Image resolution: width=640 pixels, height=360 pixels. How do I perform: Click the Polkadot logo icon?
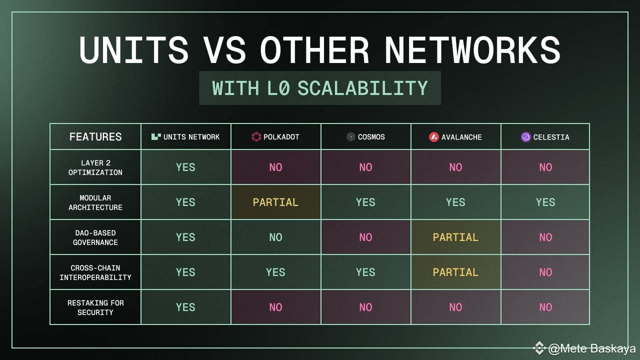(256, 137)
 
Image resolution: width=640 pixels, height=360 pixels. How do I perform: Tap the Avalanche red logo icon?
(433, 137)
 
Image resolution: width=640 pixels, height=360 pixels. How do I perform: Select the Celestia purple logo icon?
(525, 137)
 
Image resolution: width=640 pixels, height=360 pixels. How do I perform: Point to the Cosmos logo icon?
(350, 137)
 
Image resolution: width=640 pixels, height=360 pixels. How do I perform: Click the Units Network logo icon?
(156, 137)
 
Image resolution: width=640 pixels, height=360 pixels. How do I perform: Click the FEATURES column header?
(95, 137)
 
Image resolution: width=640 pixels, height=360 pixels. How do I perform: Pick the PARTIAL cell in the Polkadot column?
(275, 202)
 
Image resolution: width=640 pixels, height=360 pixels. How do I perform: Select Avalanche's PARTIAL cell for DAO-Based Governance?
(455, 237)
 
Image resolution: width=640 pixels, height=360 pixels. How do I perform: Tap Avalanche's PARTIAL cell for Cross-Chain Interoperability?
(455, 272)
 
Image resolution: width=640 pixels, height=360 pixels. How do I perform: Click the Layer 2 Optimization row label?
(95, 167)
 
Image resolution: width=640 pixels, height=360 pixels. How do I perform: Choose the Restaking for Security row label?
(95, 307)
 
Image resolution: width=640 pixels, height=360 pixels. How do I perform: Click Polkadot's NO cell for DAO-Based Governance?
(275, 237)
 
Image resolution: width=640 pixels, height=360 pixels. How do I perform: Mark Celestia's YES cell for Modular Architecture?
(545, 202)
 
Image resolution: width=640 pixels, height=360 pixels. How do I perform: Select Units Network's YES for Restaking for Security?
(185, 307)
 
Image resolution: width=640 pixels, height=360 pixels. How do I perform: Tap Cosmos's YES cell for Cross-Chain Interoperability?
(365, 272)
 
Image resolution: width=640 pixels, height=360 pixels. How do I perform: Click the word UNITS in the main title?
(133, 50)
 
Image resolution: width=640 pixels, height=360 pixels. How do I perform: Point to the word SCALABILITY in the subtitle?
(362, 88)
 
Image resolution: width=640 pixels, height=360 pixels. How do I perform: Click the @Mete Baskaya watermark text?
(591, 348)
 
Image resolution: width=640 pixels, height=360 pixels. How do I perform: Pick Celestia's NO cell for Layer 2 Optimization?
(545, 167)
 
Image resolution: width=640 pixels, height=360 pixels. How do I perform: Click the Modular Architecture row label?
(95, 202)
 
